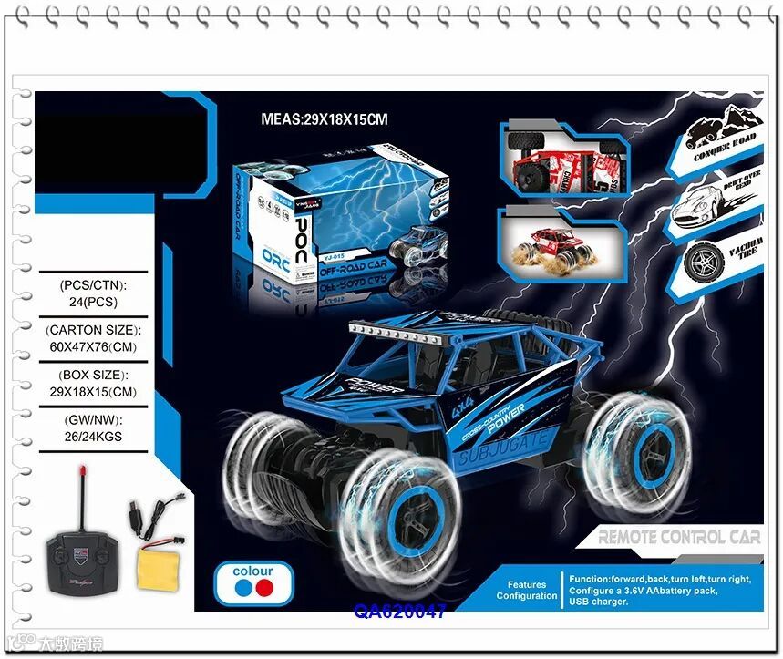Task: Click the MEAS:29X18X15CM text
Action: click(x=325, y=118)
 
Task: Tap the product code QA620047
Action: click(x=401, y=612)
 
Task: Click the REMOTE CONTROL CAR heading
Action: click(x=678, y=537)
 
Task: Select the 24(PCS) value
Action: click(x=93, y=301)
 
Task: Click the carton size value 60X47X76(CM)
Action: click(x=93, y=346)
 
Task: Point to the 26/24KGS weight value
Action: click(x=93, y=437)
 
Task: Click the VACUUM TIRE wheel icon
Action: click(x=703, y=261)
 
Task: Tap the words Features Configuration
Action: click(x=526, y=591)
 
